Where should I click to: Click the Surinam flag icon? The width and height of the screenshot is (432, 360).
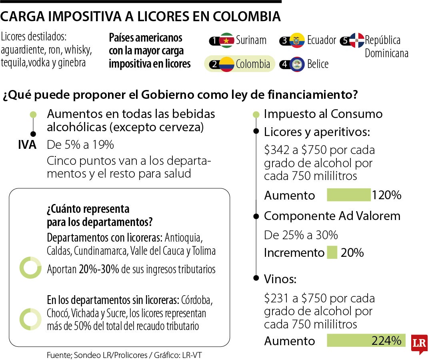(227, 40)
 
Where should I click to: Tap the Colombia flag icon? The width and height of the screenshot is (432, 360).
(227, 64)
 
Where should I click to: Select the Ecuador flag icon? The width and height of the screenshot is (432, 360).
(297, 40)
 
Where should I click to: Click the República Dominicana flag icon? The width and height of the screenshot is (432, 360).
(356, 40)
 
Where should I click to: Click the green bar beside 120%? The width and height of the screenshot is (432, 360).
(349, 195)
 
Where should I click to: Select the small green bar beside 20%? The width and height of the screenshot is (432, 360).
(332, 253)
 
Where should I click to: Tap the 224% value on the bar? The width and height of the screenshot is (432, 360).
(386, 341)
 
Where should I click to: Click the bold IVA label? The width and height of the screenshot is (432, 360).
(27, 145)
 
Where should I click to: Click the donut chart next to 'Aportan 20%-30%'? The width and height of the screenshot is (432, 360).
(30, 268)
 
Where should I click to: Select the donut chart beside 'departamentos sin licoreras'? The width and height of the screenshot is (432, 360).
(30, 319)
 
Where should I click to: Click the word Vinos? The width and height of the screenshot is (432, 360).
(280, 279)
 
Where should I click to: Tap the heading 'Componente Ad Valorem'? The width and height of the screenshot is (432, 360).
(332, 216)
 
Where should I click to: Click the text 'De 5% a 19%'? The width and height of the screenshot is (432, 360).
(80, 145)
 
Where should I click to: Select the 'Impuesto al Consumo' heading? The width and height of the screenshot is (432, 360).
(323, 114)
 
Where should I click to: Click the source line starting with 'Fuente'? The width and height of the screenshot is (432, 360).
(127, 355)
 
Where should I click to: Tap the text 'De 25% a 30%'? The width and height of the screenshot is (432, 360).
(301, 235)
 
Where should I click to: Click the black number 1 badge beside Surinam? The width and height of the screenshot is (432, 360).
(215, 40)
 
